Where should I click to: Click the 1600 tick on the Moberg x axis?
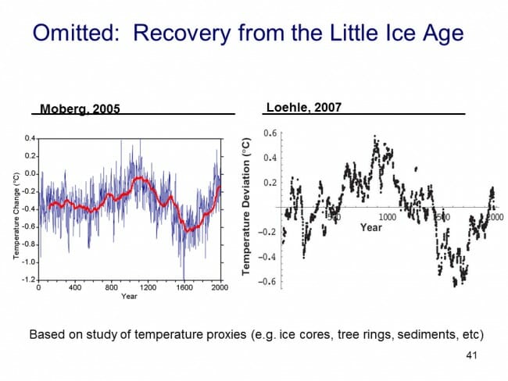(x=184, y=287)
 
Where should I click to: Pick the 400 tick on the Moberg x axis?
(x=75, y=287)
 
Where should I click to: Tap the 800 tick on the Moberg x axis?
(x=111, y=287)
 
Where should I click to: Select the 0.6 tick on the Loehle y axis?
(x=270, y=133)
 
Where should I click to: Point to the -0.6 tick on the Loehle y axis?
(x=269, y=282)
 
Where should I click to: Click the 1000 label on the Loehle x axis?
(x=388, y=215)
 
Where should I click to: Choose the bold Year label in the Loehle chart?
(x=371, y=227)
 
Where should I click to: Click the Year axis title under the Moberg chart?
(x=129, y=297)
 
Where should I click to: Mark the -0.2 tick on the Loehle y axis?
(x=269, y=233)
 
